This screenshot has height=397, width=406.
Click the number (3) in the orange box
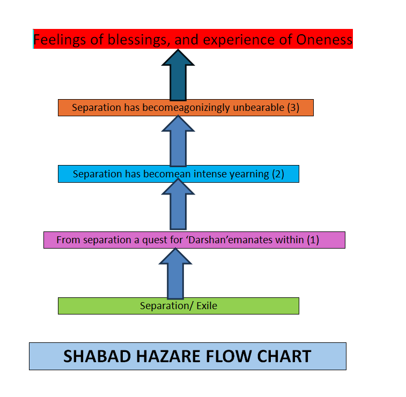[293, 107]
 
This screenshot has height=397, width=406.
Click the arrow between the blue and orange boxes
[178, 141]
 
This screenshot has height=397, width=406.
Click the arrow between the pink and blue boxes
[178, 206]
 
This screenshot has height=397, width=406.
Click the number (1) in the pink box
[313, 240]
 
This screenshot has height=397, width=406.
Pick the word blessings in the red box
[127, 39]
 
